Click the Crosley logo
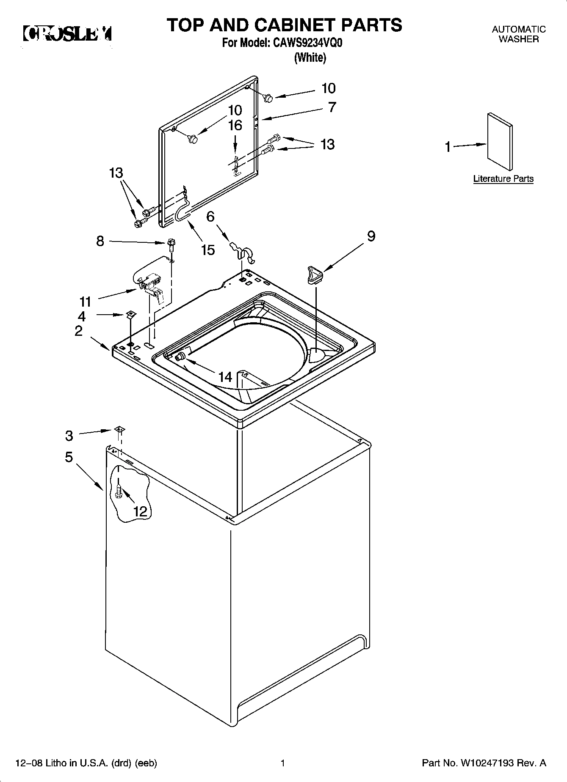[67, 34]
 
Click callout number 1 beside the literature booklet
[448, 147]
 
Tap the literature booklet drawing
[500, 142]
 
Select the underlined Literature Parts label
[503, 179]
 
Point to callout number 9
[371, 236]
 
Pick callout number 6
[210, 217]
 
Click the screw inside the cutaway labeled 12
[119, 491]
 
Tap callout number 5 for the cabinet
[69, 457]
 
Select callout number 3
[69, 435]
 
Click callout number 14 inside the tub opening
[225, 376]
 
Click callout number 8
[100, 241]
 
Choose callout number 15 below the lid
[208, 250]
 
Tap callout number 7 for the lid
[332, 107]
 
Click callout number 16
[235, 125]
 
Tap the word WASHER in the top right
[518, 39]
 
